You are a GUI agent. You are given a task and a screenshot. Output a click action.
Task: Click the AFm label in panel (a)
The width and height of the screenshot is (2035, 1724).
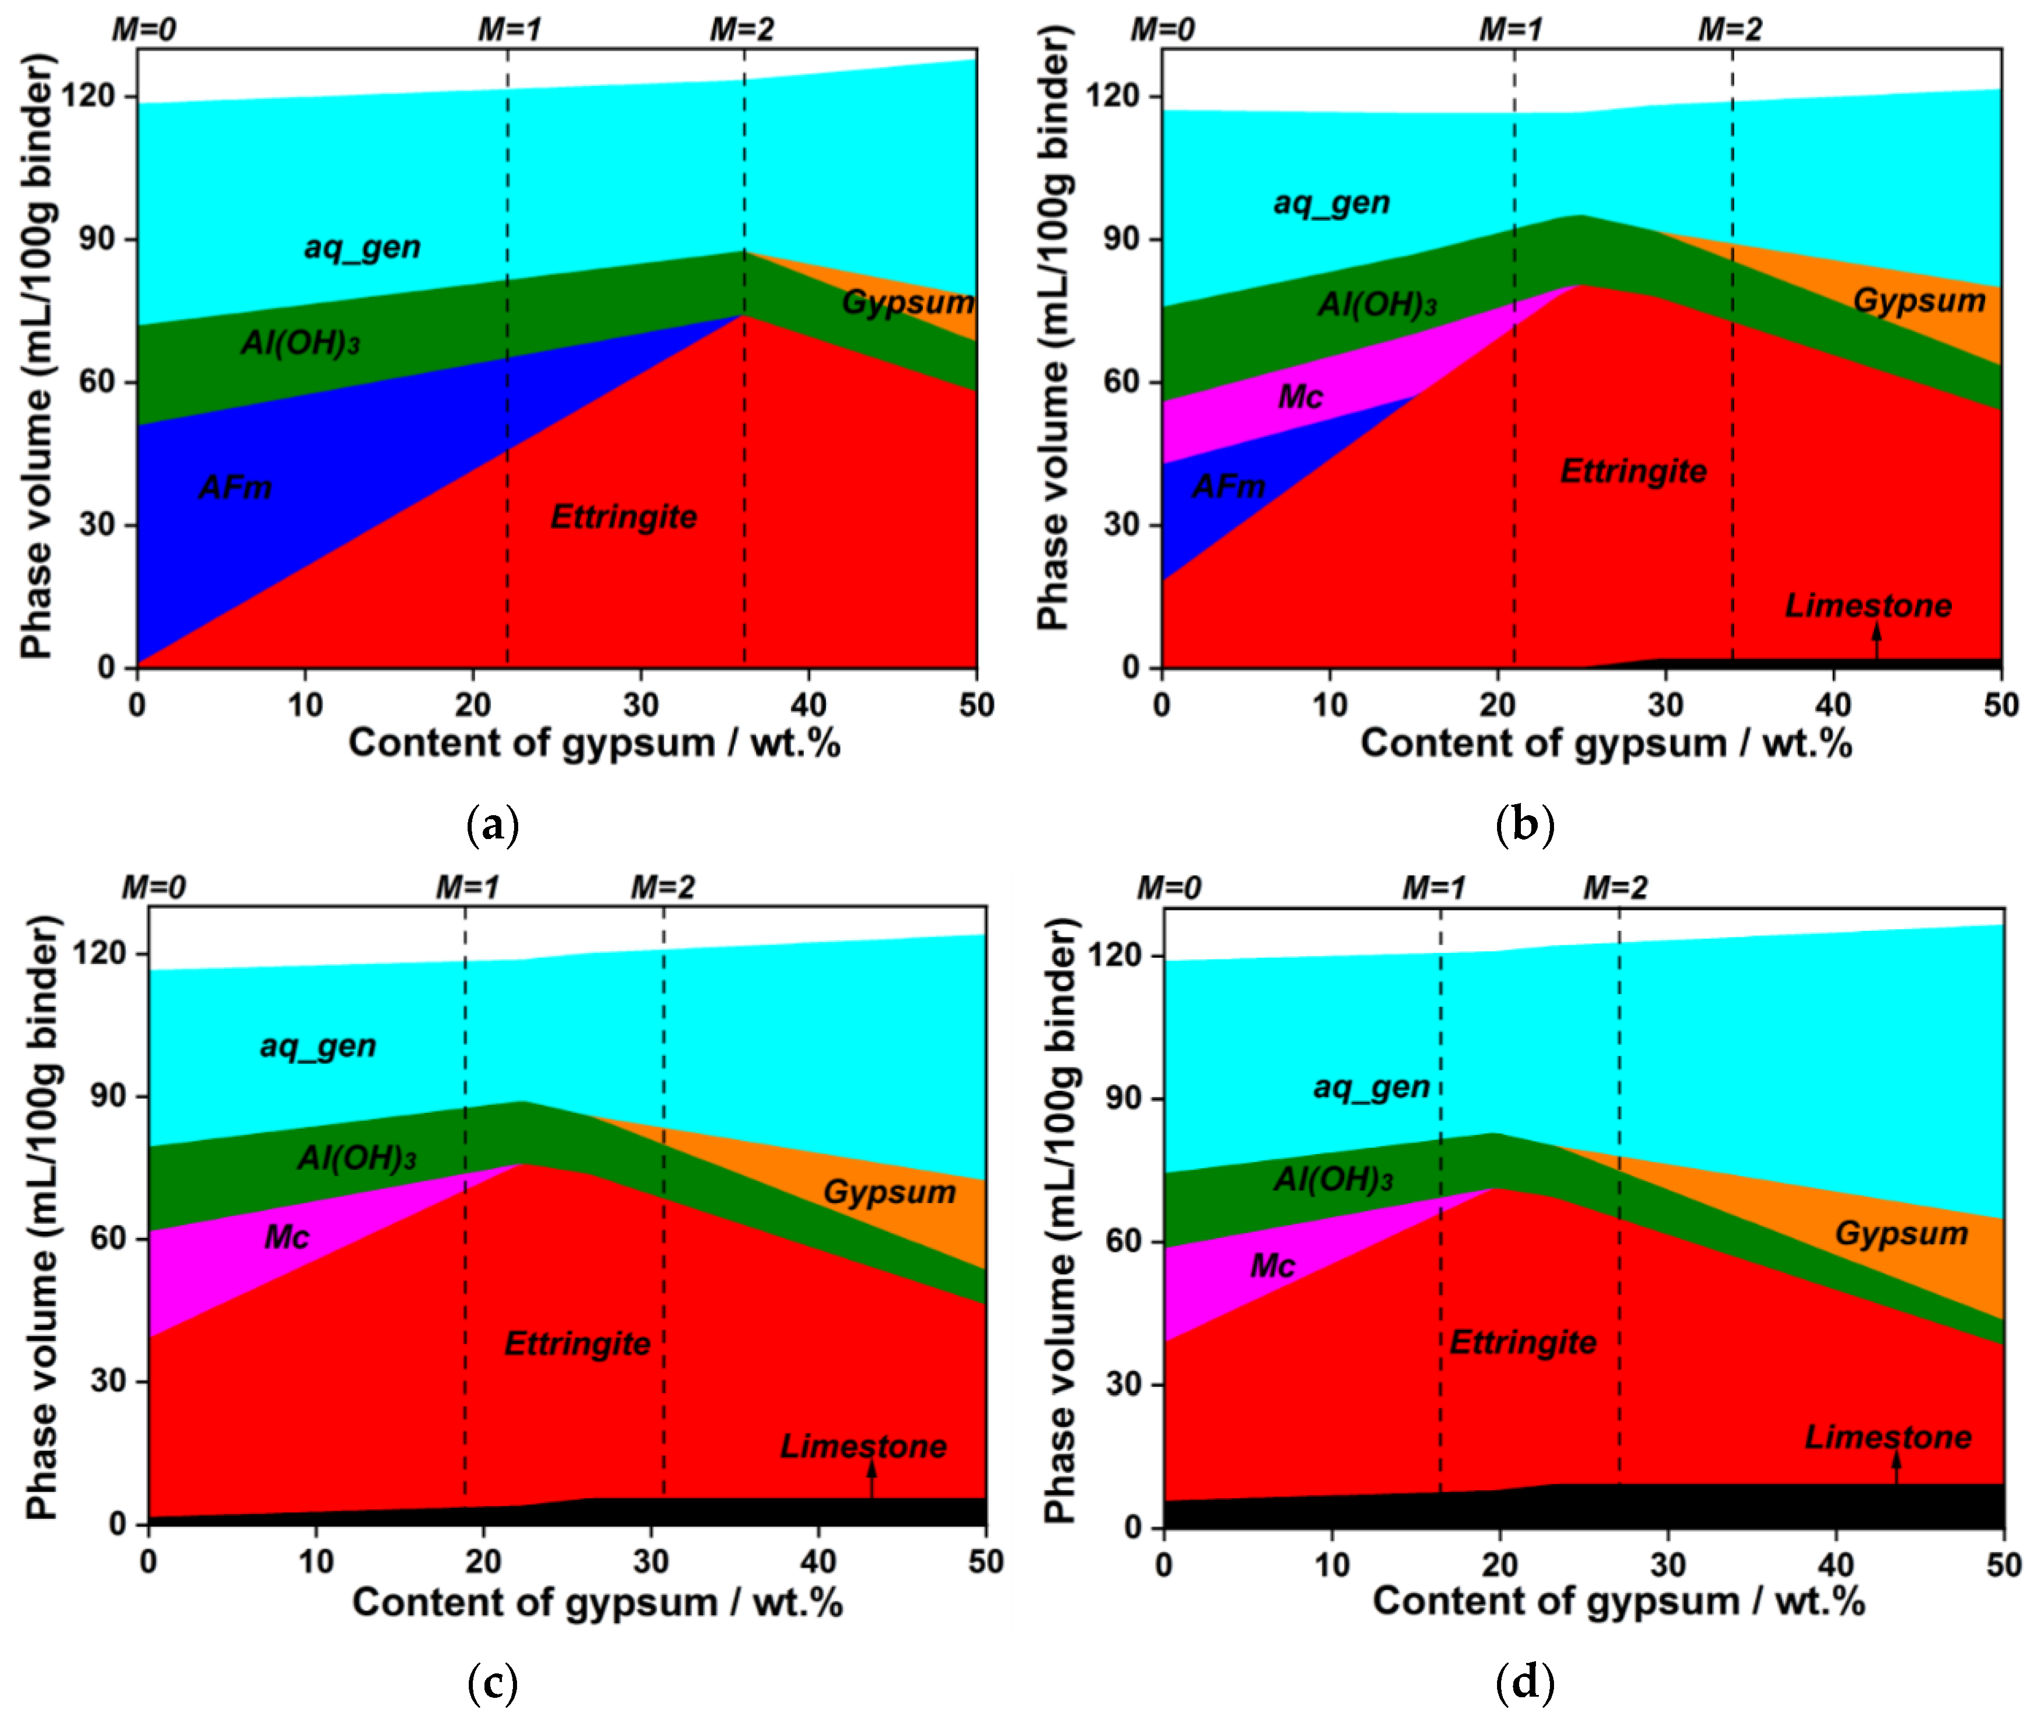(x=236, y=487)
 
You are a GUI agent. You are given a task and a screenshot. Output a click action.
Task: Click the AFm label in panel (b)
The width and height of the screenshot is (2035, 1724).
(x=1229, y=485)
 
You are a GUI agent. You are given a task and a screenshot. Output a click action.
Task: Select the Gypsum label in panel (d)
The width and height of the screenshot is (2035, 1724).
(x=1901, y=1233)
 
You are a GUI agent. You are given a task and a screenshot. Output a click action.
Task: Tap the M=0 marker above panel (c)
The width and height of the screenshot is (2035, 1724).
(x=154, y=887)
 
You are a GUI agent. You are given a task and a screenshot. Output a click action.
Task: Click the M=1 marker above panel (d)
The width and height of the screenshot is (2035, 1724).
(x=1434, y=887)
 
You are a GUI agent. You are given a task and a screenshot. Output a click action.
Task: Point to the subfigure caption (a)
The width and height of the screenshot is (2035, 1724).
(x=493, y=826)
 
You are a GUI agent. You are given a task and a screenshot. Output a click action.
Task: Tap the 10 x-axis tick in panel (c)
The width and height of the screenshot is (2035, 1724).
(x=316, y=1561)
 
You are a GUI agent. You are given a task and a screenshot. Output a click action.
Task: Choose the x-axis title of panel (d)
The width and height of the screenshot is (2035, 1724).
(x=1617, y=1601)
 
